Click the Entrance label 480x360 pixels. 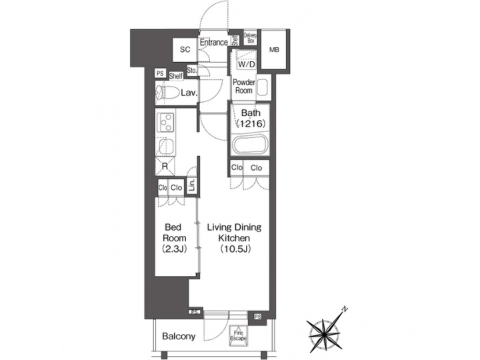click(x=214, y=43)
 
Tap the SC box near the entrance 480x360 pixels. click(x=185, y=49)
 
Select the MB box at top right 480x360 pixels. click(x=274, y=49)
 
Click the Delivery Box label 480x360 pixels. click(x=250, y=39)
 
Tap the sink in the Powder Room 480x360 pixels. click(x=262, y=87)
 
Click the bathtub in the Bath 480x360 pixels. click(x=250, y=145)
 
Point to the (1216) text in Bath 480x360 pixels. click(x=249, y=123)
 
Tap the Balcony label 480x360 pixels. click(x=179, y=337)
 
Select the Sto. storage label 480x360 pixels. click(x=191, y=69)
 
